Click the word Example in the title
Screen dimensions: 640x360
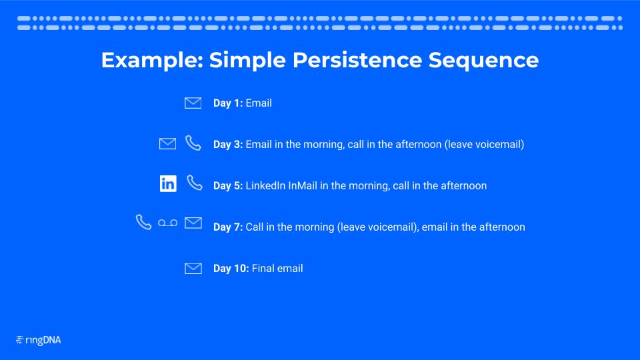point(152,61)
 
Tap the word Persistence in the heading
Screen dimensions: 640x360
point(357,60)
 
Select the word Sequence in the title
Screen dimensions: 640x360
point(484,61)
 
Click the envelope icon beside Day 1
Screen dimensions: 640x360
point(193,103)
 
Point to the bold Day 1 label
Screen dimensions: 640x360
point(228,103)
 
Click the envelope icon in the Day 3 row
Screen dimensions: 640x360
point(168,144)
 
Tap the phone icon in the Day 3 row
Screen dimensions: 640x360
point(193,143)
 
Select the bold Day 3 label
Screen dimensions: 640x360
point(228,144)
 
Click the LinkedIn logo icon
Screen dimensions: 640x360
point(168,184)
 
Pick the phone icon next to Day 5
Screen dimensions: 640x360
point(194,183)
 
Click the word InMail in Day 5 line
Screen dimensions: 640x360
point(303,186)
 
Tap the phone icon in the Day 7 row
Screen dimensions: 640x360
point(144,223)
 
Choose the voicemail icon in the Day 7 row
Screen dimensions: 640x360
point(168,223)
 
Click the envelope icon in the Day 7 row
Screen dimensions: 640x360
point(193,223)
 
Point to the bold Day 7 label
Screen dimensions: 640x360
point(228,227)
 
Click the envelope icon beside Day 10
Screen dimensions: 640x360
point(193,269)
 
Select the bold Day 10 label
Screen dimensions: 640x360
point(231,268)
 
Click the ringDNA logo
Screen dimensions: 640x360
point(39,340)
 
